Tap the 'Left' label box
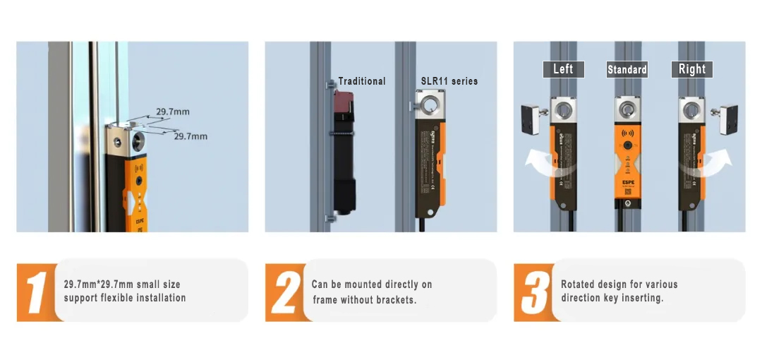click(563, 69)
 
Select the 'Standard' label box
click(627, 69)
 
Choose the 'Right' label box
click(691, 69)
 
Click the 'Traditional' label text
click(362, 81)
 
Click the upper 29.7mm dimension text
click(173, 112)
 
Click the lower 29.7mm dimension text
click(190, 136)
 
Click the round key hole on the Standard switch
click(627, 110)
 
